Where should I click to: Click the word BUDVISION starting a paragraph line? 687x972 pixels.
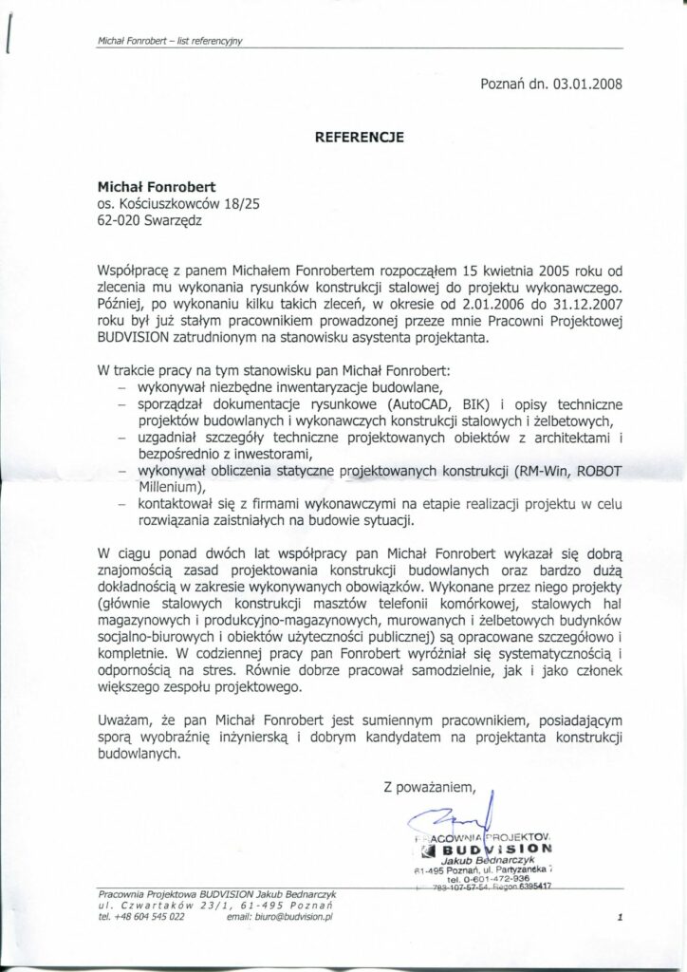click(134, 338)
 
